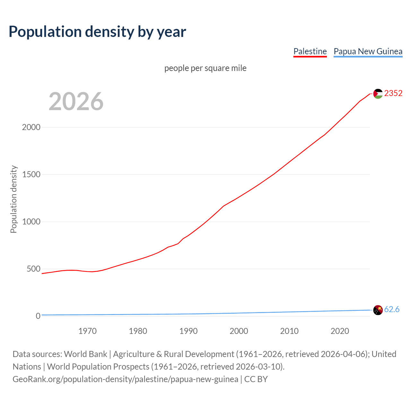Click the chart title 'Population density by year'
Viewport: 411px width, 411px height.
[x=97, y=31]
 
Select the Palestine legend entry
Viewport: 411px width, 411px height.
[x=310, y=51]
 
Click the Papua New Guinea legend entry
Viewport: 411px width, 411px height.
[x=368, y=51]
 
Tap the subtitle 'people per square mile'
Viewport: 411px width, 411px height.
[x=205, y=68]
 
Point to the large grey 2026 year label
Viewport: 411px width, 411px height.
[x=76, y=101]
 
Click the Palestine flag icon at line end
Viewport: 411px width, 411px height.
[x=378, y=94]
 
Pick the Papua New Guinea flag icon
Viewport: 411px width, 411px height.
[x=378, y=310]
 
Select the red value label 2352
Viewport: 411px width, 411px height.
[x=393, y=93]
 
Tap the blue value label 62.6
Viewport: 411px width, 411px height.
[x=392, y=309]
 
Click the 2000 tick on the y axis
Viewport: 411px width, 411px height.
[x=31, y=127]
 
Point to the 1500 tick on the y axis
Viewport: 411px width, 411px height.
[x=31, y=174]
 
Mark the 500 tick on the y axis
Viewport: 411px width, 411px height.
[x=33, y=269]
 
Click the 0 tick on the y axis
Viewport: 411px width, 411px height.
[x=38, y=316]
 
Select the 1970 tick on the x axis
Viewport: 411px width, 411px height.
[x=88, y=331]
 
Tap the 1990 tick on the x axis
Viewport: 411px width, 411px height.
[x=188, y=331]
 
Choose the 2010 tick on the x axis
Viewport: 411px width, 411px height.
[x=289, y=331]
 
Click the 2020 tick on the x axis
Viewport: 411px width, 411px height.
[x=340, y=331]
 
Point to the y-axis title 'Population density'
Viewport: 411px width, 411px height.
[x=13, y=199]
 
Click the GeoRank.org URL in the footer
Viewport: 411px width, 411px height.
[x=125, y=379]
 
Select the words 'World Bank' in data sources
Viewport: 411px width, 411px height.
[x=85, y=354]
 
